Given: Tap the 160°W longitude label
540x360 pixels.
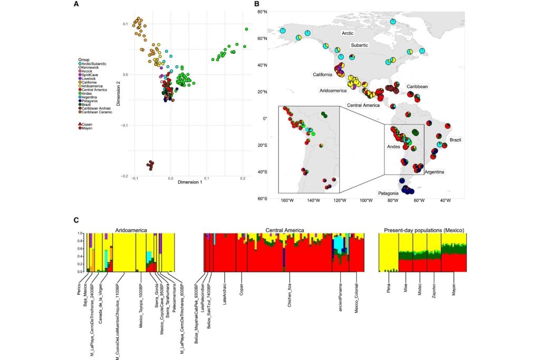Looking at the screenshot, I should [285, 205].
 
